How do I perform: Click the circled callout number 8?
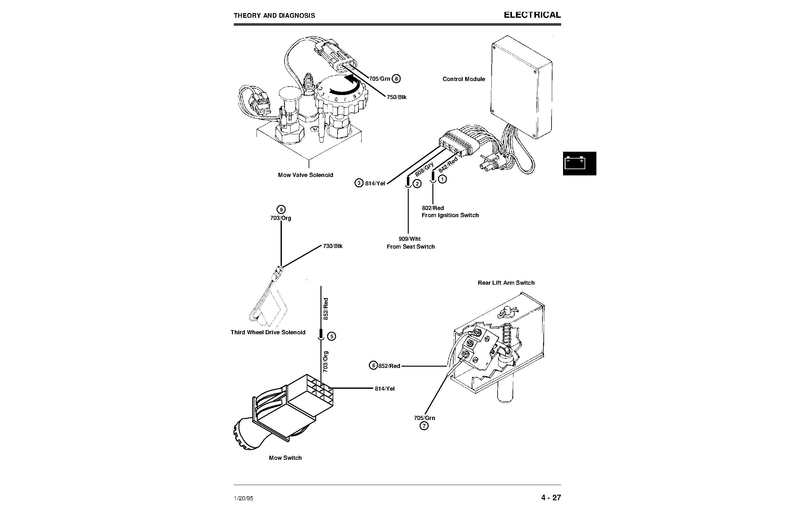[x=396, y=79]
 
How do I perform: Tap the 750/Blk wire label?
[x=397, y=97]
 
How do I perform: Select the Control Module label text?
[x=464, y=79]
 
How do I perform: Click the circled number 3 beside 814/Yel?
[x=359, y=183]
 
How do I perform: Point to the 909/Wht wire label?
[x=410, y=239]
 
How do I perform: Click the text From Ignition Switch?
[x=450, y=215]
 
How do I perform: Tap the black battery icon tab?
[x=579, y=164]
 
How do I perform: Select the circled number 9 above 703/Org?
[x=281, y=210]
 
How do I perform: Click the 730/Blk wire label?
[x=332, y=246]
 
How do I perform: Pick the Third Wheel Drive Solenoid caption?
[x=268, y=332]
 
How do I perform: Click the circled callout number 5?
[x=332, y=336]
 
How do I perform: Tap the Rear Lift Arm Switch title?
[x=506, y=283]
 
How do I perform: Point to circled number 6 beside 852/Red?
[x=373, y=365]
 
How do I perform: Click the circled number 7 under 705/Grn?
[x=424, y=426]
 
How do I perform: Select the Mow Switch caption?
[x=285, y=458]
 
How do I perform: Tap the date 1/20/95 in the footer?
[x=243, y=498]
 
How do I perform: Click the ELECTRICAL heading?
[x=532, y=15]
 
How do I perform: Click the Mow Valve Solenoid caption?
[x=305, y=175]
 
